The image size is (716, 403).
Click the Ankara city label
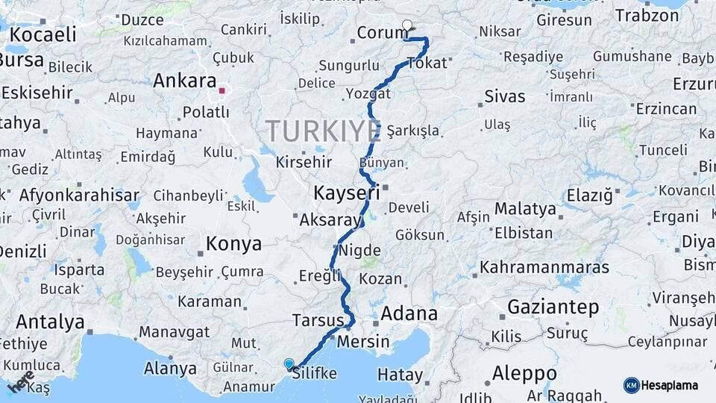(x=184, y=81)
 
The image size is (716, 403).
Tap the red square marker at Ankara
(x=222, y=91)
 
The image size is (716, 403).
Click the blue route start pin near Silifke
(x=289, y=364)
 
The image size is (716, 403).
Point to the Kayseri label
(x=345, y=193)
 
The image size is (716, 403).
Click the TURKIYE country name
(x=323, y=131)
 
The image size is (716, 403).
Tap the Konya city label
(x=233, y=244)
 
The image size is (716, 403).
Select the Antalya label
(x=50, y=322)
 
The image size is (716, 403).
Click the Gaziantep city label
(x=553, y=307)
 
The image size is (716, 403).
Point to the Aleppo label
(x=524, y=372)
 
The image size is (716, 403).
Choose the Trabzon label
(x=647, y=16)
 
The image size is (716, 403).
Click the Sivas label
(x=505, y=96)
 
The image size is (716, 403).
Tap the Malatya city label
(x=525, y=208)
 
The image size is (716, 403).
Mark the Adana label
(x=409, y=313)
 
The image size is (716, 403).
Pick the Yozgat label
(x=368, y=94)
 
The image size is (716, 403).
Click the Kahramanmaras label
(x=544, y=267)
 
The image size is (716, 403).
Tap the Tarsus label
(x=318, y=320)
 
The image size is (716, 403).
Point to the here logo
(x=20, y=381)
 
